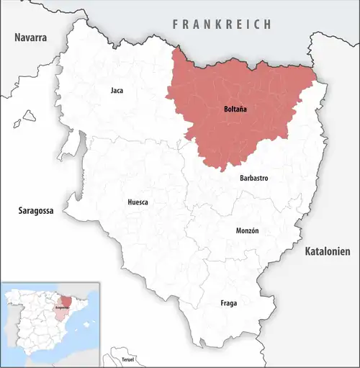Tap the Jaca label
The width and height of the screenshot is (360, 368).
pos(117,91)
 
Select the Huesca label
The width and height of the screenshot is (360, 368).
pos(138,202)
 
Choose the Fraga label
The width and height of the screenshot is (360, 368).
pos(229,303)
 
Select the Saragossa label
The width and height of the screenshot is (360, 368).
pos(37,211)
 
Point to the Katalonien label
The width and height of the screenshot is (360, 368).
pos(327,251)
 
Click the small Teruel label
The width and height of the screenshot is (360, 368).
pos(128,359)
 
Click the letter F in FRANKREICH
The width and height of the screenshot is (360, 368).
pos(175,24)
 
